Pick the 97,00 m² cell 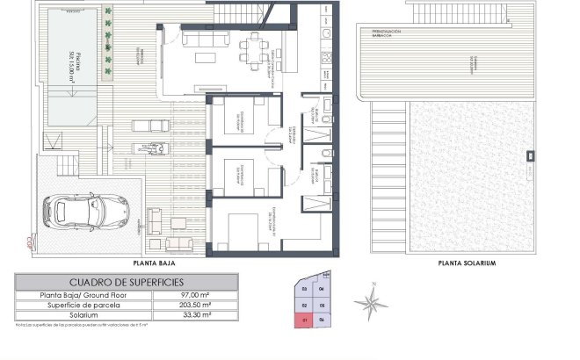194,296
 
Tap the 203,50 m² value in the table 194,306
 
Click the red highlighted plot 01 304,320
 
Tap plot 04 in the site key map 322,289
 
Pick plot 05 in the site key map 323,305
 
